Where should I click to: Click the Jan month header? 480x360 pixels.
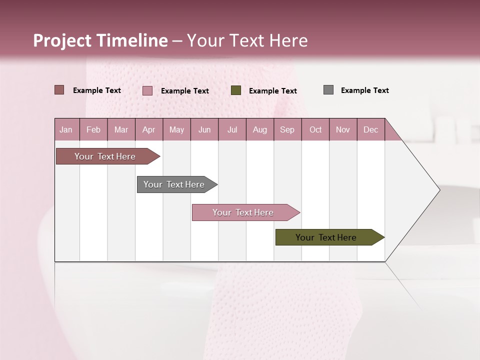[66, 129]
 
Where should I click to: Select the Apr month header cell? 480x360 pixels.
[149, 129]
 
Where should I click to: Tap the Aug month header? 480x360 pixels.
[260, 129]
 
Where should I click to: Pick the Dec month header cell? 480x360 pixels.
[370, 129]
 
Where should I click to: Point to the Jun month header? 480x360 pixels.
[204, 129]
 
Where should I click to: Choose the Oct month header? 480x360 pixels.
[315, 129]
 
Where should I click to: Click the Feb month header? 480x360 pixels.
[93, 129]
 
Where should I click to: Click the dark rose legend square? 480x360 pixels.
[59, 90]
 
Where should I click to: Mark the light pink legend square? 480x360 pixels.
[147, 90]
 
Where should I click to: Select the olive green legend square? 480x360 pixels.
[236, 90]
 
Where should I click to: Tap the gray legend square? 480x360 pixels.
[328, 90]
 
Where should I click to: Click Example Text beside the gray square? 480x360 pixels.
[364, 90]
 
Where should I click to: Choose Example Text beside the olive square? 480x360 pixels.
[272, 91]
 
